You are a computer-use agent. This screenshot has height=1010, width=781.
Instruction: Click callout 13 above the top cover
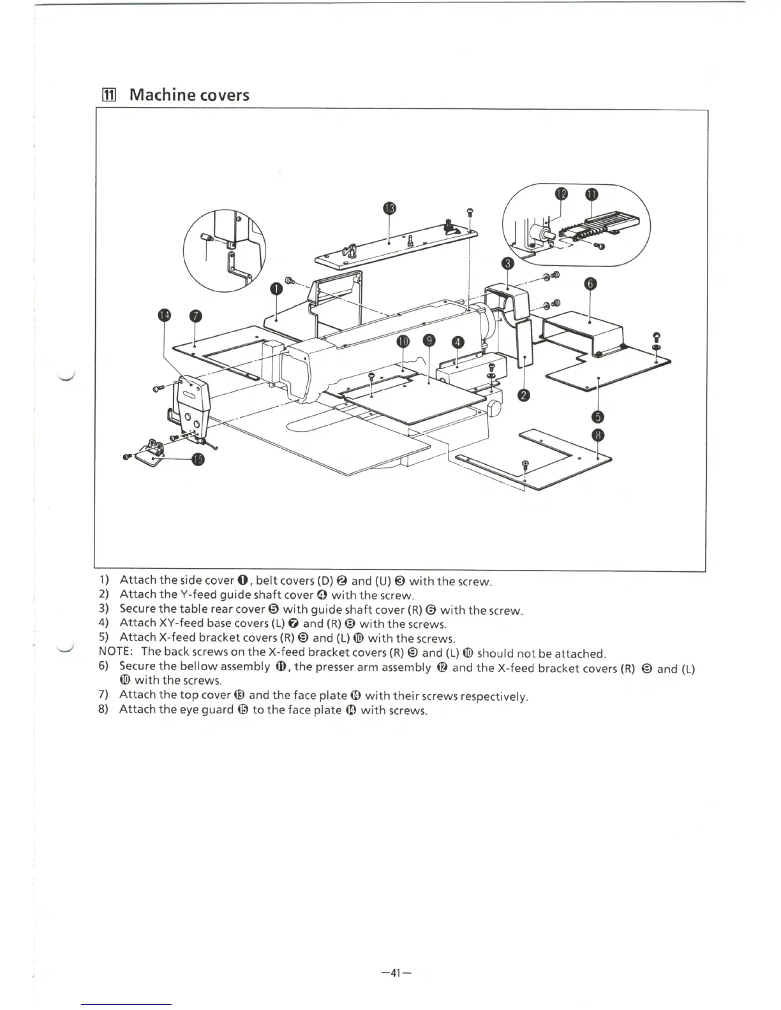tap(389, 209)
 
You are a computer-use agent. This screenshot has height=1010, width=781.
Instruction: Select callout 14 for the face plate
tap(165, 316)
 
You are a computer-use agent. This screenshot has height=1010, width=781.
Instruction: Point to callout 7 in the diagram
tap(195, 316)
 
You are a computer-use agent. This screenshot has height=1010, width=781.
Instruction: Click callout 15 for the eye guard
tap(198, 460)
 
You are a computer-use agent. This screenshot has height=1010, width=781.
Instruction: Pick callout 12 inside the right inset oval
tap(561, 194)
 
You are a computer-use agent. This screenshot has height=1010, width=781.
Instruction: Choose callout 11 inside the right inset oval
tap(591, 194)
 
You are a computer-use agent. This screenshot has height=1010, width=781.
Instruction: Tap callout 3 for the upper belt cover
tap(507, 262)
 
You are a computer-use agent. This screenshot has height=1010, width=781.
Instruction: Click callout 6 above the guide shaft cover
tap(590, 284)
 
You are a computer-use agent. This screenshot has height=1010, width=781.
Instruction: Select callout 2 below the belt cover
tap(523, 396)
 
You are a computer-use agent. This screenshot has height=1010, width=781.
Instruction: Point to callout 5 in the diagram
tap(598, 417)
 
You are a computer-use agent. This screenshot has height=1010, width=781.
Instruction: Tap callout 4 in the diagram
tap(457, 342)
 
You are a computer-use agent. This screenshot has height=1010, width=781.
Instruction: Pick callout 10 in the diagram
tap(403, 341)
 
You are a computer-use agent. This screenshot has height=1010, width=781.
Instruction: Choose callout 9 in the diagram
tap(430, 341)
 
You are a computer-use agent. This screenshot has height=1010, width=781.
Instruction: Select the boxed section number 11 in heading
tap(108, 96)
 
